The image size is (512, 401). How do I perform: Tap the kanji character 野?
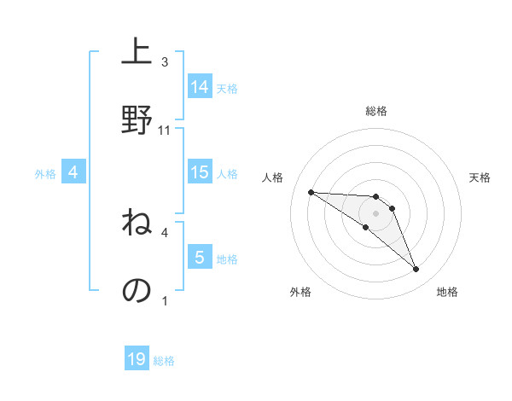[137, 119]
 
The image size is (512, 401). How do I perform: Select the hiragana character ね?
[137, 224]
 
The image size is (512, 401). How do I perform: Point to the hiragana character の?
[137, 290]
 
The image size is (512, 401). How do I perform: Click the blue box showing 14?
[200, 86]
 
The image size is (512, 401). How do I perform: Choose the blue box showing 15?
[200, 172]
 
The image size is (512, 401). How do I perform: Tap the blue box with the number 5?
[200, 257]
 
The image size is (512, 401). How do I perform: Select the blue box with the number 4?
[73, 172]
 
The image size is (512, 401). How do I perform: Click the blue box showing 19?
[137, 359]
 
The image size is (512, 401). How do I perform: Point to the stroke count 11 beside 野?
[165, 131]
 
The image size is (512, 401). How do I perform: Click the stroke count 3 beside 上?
[165, 62]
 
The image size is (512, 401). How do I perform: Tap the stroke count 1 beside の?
[165, 300]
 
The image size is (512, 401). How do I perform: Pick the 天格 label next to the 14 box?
[227, 88]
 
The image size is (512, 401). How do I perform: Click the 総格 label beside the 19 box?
[164, 361]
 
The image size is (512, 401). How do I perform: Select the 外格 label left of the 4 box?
[45, 174]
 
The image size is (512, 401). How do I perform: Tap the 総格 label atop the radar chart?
[375, 111]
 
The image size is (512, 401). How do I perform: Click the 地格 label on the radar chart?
[447, 292]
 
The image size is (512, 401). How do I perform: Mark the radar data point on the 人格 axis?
[311, 192]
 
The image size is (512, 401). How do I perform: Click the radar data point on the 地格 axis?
[416, 270]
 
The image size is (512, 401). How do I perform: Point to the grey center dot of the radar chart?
[375, 212]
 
